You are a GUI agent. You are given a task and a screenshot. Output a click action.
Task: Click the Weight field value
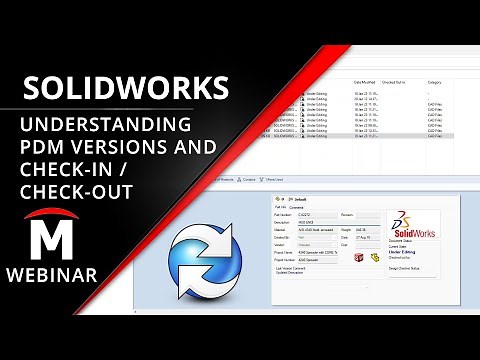pyautogui.click(x=362, y=229)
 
